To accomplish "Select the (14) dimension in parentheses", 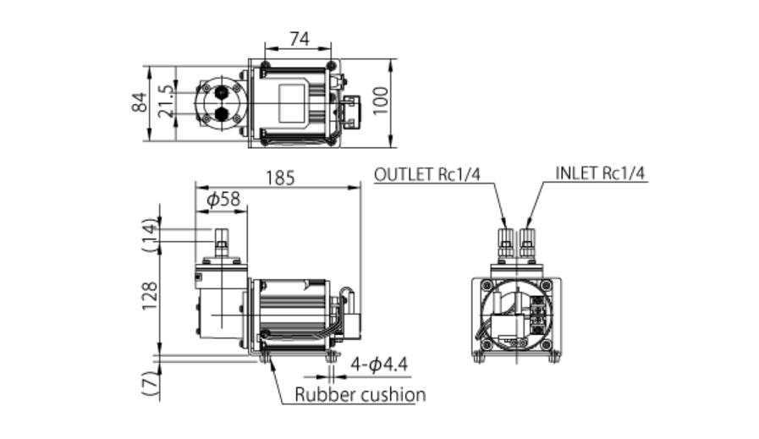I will tap(150, 236).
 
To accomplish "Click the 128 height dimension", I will tap(150, 297).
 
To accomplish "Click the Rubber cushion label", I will tap(360, 394).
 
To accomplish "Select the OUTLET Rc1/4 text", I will tap(427, 174).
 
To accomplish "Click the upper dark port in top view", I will tap(222, 91).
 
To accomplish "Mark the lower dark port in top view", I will tap(222, 115).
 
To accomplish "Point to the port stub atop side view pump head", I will tap(222, 244).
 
